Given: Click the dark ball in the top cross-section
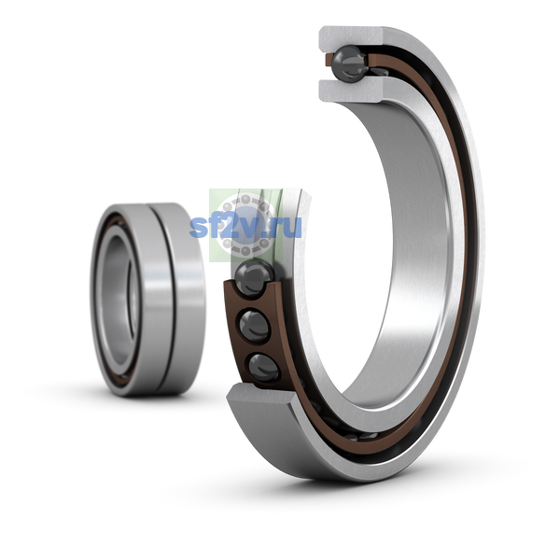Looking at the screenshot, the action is [x=349, y=64].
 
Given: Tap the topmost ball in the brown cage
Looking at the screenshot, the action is [x=254, y=278].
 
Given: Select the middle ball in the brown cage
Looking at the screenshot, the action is [x=255, y=326].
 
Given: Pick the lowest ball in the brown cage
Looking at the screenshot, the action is [x=263, y=367].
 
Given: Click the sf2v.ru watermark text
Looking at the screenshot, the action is [x=245, y=227].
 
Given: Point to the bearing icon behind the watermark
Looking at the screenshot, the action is [x=245, y=225].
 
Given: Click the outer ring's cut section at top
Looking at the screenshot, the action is [x=352, y=35].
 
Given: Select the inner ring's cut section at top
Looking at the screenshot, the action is [x=352, y=91].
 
